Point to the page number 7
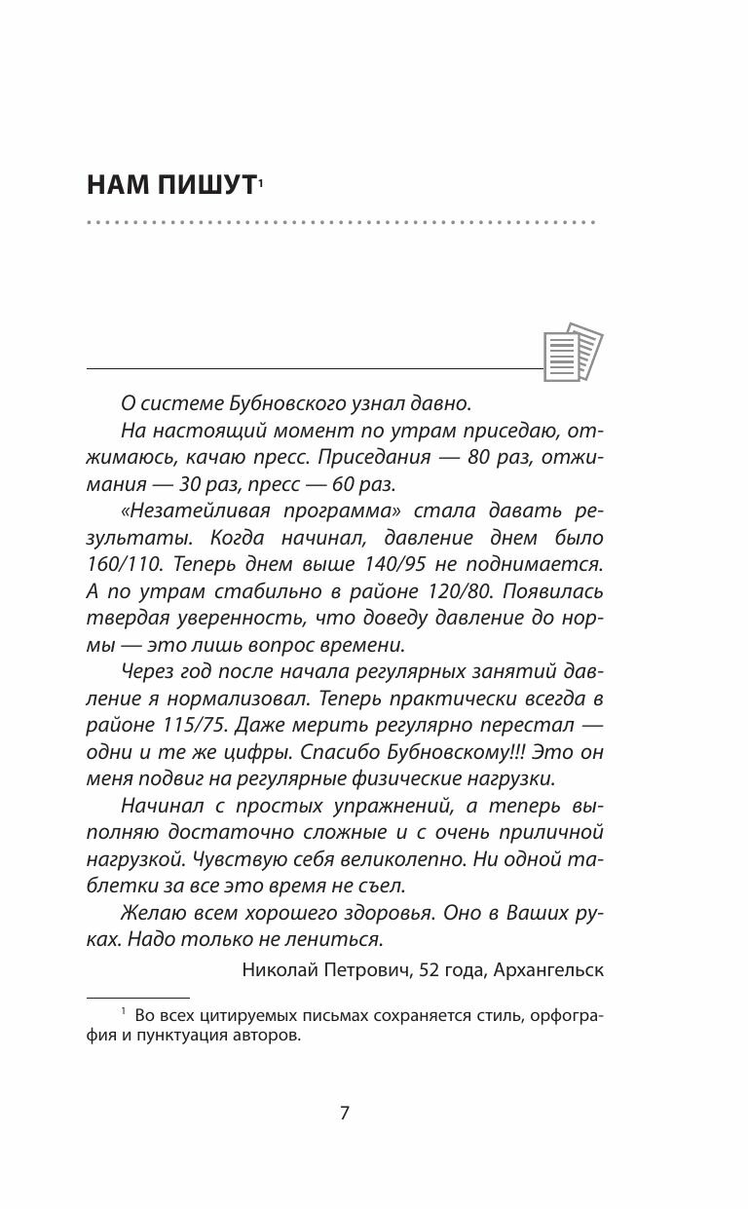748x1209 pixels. click(x=345, y=1114)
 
